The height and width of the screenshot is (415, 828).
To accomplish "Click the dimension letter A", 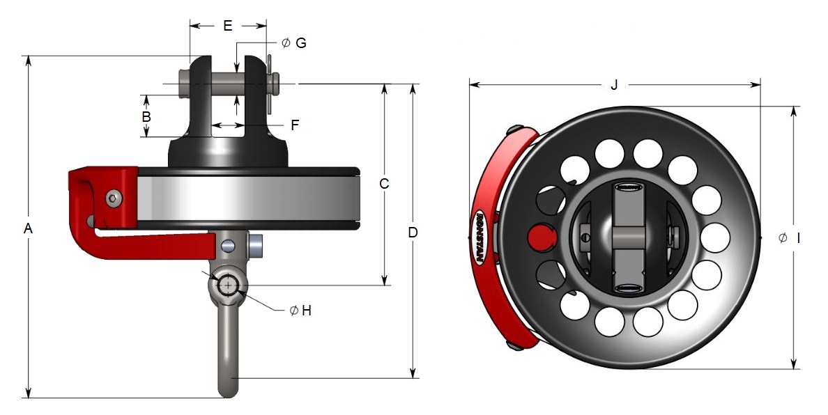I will point(28,228).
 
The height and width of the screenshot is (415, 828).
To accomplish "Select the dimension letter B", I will point(146,116).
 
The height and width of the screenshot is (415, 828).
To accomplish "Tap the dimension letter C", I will point(384,184).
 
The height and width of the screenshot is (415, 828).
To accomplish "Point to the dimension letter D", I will point(413,232).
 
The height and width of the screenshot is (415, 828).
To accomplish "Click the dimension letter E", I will point(227,26).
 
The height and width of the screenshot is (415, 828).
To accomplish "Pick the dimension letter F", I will point(295,125).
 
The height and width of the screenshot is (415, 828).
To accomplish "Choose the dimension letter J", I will point(614,85).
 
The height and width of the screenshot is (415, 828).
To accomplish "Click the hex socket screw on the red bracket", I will point(113,199).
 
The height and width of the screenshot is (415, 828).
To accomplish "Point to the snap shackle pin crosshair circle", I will point(228,285).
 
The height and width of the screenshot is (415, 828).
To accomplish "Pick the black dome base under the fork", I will point(227,152).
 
